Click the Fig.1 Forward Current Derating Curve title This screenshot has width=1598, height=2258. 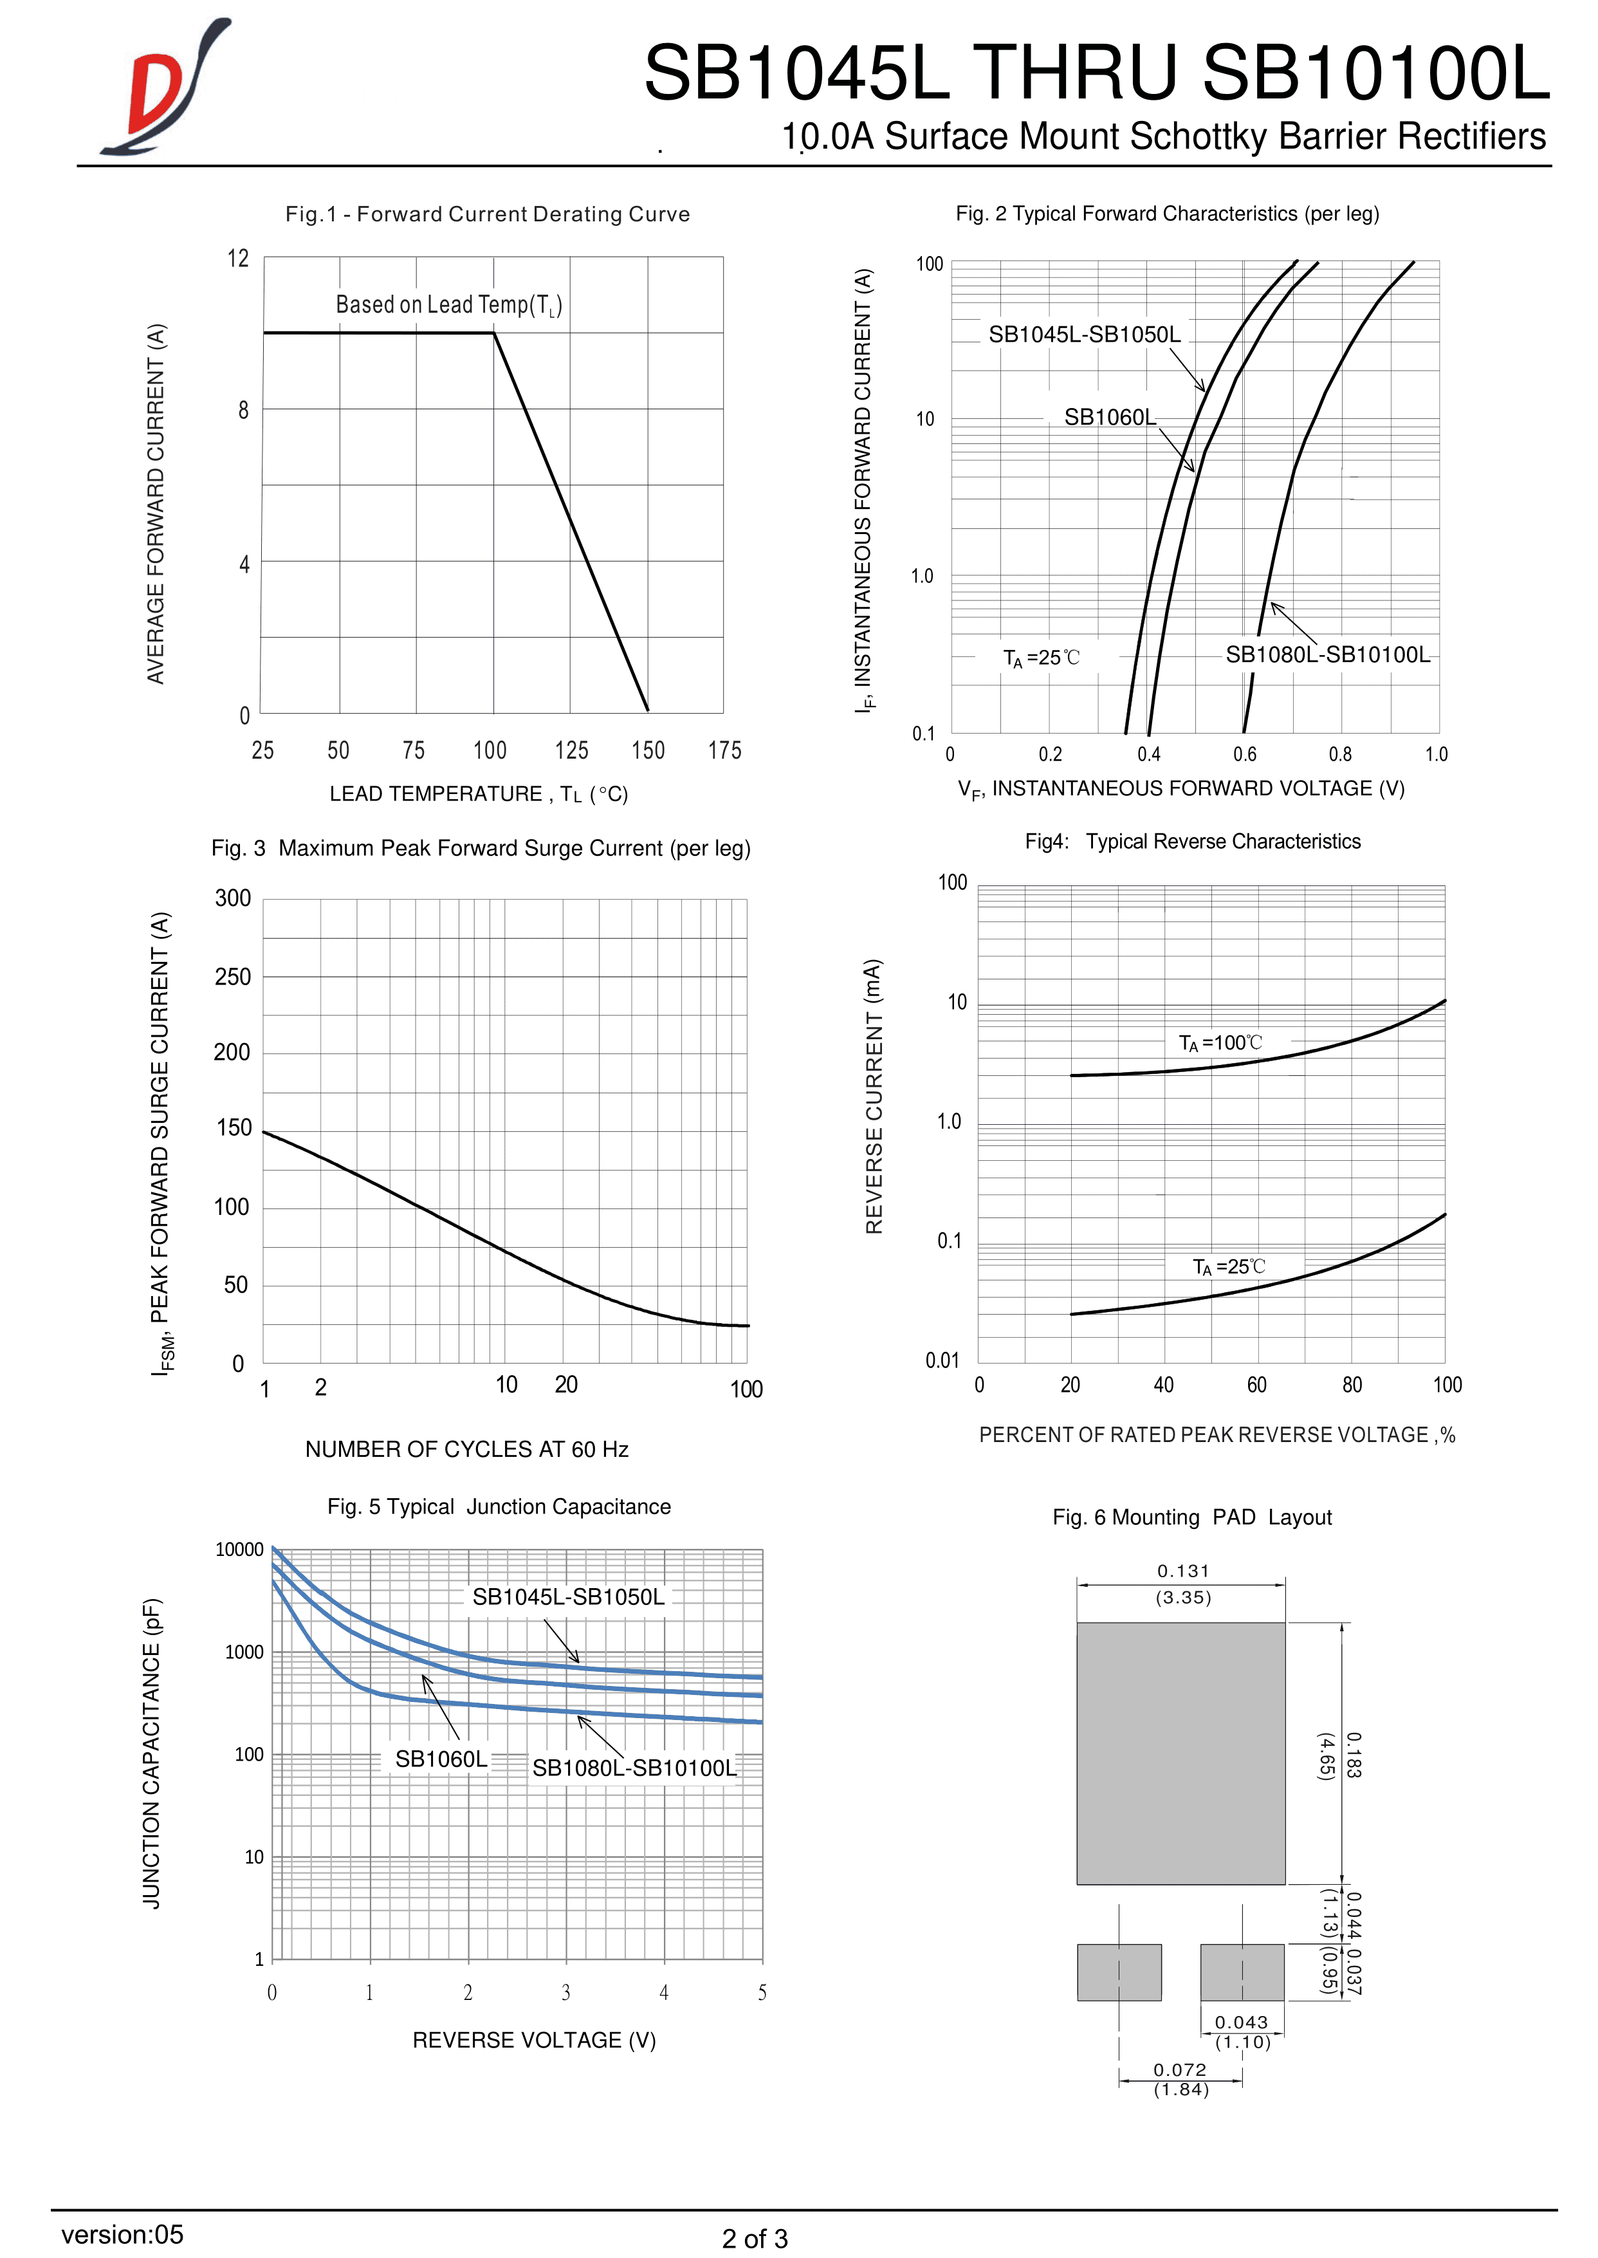click(487, 214)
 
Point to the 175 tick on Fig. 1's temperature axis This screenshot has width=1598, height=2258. click(724, 751)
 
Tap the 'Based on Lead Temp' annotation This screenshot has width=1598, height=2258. click(448, 305)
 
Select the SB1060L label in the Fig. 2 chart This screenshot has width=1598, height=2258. click(1109, 418)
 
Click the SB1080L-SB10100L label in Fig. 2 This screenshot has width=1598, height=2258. click(1327, 654)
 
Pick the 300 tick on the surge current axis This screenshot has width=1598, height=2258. click(234, 899)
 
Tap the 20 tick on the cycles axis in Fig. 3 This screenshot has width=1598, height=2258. click(565, 1385)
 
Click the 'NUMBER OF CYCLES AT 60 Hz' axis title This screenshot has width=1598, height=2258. click(466, 1449)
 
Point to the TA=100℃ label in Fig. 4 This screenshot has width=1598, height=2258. click(1220, 1042)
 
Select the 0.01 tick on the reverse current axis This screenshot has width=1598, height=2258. click(942, 1360)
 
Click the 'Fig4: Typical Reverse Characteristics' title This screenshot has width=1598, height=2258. click(1193, 842)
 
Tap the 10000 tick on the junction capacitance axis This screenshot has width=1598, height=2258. click(240, 1550)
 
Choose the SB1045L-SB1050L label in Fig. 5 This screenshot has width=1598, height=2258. click(568, 1596)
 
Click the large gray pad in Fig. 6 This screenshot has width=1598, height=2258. click(1180, 1752)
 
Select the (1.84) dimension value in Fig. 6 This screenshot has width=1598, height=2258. click(1180, 2089)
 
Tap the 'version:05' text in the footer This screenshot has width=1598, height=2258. click(122, 2234)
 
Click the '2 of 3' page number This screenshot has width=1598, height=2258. click(755, 2238)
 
